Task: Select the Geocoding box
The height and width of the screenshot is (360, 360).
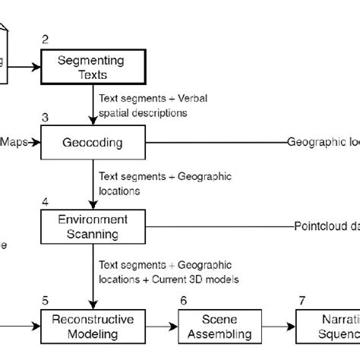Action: (92, 141)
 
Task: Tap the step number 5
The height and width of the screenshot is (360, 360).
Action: (45, 299)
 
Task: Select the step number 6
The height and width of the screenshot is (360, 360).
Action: (183, 299)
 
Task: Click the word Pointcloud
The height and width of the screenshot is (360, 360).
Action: (318, 226)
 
